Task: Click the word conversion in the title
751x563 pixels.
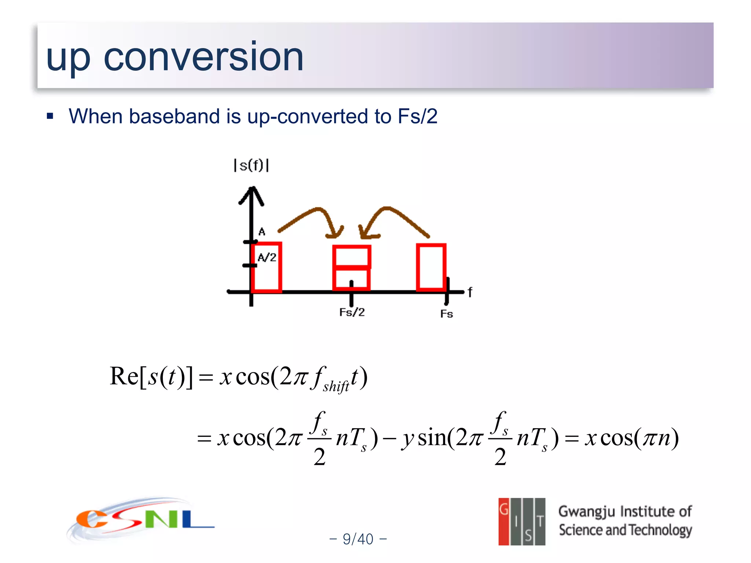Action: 204,57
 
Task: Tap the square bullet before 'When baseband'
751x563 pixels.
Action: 50,117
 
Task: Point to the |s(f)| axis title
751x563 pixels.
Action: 252,165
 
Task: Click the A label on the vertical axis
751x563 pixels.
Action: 261,232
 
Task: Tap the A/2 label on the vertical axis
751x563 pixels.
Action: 267,257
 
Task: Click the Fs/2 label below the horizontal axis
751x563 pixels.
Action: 352,312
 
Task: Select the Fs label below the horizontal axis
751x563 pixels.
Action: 446,314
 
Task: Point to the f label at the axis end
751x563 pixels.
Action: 470,292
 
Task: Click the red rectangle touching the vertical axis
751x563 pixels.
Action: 267,268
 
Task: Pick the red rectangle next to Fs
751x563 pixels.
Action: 431,267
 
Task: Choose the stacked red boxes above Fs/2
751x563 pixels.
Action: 351,268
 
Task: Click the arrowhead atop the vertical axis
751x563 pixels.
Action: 252,194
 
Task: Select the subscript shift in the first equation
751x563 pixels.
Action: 336,386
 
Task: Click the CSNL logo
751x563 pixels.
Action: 141,520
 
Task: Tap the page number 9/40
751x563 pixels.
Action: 358,539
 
